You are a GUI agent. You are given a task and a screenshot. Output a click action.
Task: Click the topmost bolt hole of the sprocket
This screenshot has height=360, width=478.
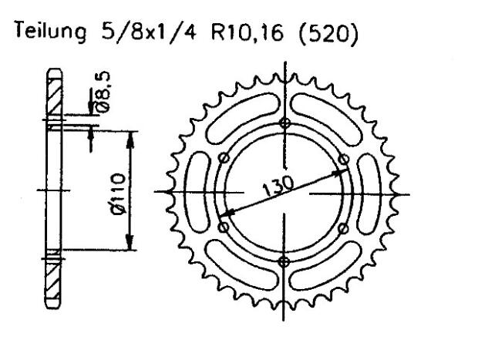[x=284, y=123]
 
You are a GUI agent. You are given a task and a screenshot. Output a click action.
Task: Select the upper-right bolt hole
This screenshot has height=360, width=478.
[x=344, y=159]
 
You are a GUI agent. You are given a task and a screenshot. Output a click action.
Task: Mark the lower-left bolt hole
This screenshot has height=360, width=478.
[x=224, y=227]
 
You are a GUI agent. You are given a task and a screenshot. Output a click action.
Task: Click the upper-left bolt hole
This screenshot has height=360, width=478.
[x=224, y=159]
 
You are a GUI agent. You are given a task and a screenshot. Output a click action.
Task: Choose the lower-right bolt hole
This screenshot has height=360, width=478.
[x=344, y=227]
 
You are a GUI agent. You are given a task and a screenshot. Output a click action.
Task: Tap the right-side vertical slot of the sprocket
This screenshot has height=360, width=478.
[x=373, y=192]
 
